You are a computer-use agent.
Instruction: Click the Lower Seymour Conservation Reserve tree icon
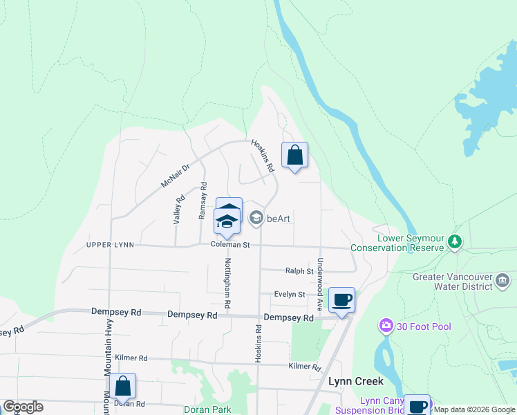pyautogui.click(x=455, y=241)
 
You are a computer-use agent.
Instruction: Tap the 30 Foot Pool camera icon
pyautogui.click(x=386, y=325)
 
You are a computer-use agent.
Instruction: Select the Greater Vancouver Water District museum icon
pyautogui.click(x=502, y=282)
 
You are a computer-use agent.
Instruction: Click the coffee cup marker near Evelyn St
pyautogui.click(x=341, y=299)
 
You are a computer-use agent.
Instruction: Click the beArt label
pyautogui.click(x=279, y=219)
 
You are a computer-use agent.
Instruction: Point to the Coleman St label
pyautogui.click(x=230, y=245)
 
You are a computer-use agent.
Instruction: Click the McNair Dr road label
pyautogui.click(x=175, y=176)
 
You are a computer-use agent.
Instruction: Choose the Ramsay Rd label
pyautogui.click(x=203, y=201)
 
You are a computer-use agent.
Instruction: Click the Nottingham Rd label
pyautogui.click(x=227, y=283)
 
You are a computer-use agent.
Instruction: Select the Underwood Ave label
pyautogui.click(x=320, y=283)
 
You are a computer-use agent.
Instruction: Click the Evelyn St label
pyautogui.click(x=289, y=294)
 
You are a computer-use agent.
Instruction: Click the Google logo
pyautogui.click(x=23, y=407)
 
